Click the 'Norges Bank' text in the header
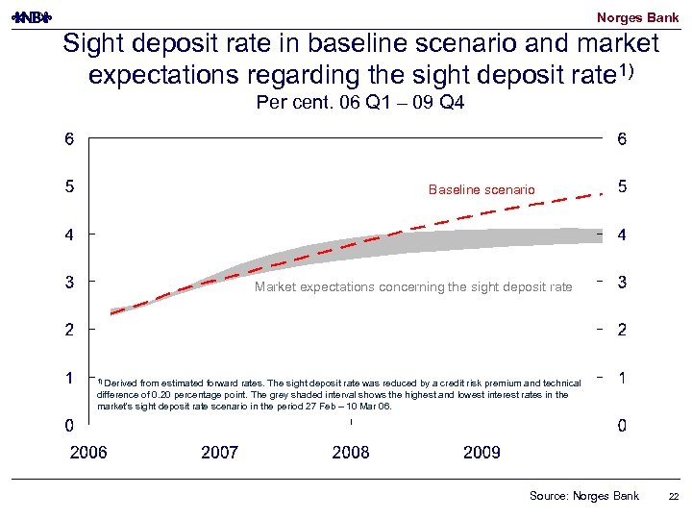637,17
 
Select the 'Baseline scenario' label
482,190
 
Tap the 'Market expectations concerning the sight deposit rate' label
413,286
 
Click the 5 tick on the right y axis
623,186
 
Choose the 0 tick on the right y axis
623,426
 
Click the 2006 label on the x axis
88,452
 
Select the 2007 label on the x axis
219,452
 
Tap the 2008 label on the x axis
351,452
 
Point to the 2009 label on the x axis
482,452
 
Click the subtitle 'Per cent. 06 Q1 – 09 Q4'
360,103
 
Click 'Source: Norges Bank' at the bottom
583,496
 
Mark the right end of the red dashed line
603,193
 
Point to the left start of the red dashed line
112,313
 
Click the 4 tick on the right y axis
623,235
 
